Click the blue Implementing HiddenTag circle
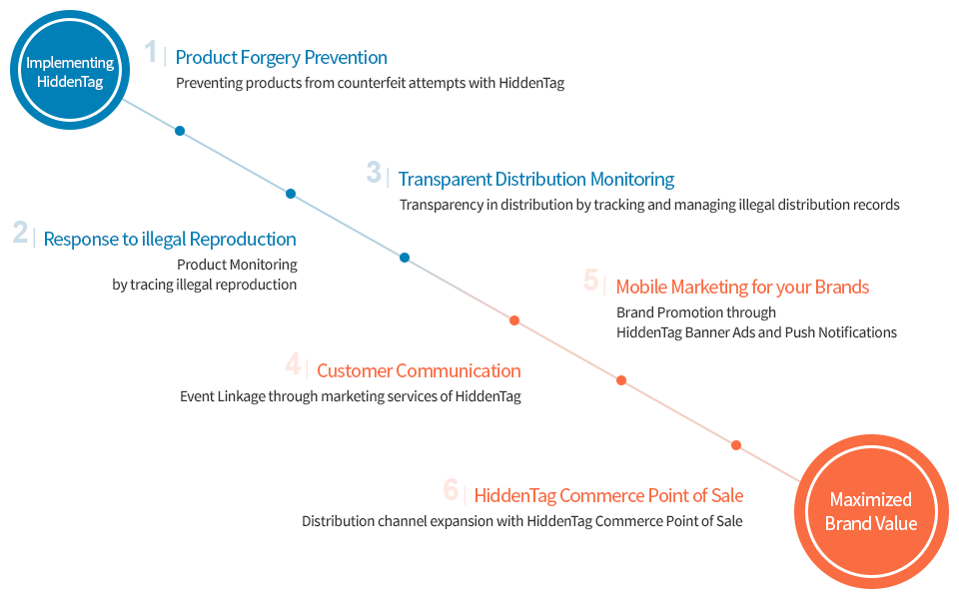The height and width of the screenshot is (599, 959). point(70,70)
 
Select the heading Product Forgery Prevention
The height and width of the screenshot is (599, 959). point(281,57)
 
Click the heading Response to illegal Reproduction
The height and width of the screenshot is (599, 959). point(170,239)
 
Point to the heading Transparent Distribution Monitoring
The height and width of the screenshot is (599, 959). point(536,179)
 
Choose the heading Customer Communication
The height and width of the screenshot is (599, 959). point(419,370)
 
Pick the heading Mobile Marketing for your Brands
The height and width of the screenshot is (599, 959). point(742,287)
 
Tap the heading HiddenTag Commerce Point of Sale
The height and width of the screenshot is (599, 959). point(608,495)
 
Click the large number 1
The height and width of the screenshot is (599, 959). point(151,52)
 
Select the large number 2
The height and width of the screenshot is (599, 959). point(20,233)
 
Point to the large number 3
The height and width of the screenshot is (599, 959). point(374,173)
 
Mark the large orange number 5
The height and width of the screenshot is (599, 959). point(591,281)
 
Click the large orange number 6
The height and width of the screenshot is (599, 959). point(451,489)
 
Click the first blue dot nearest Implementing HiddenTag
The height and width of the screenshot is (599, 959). point(180,131)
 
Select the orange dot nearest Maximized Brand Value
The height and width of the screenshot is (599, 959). point(736,445)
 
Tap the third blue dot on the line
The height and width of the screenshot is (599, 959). point(405,258)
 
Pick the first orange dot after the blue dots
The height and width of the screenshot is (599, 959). point(514,320)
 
